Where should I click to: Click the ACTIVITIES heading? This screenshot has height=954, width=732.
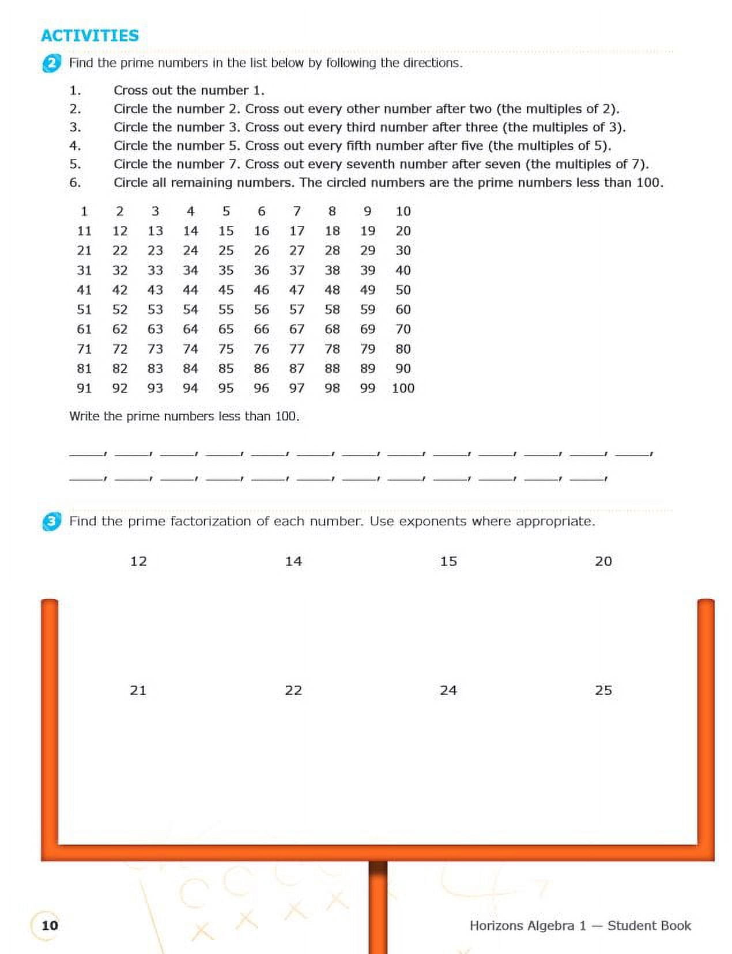90,36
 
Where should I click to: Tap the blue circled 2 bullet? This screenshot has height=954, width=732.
51,63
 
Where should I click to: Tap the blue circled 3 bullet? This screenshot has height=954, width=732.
51,522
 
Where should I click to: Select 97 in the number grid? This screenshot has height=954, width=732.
297,388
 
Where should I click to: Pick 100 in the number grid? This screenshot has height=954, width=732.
403,388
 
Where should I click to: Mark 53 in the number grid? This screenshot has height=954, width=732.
155,310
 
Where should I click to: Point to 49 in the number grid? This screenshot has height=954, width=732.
368,290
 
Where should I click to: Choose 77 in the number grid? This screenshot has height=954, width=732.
297,349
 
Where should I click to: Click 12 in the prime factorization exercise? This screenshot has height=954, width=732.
138,562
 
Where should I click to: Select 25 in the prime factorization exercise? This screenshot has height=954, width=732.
603,691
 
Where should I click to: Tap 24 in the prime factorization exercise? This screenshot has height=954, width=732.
448,691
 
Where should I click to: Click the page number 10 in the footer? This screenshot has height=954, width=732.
50,925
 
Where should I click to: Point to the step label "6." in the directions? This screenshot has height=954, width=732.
75,183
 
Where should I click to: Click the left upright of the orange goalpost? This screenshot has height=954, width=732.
50,720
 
